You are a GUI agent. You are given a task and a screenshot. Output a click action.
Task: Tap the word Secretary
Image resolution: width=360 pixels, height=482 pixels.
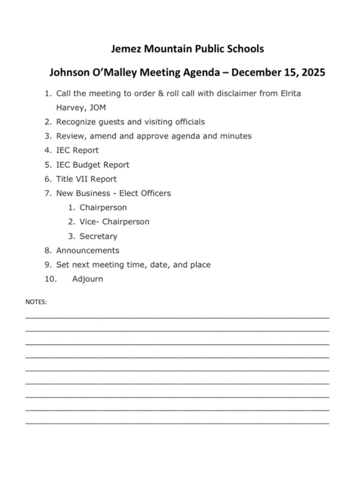click(x=99, y=236)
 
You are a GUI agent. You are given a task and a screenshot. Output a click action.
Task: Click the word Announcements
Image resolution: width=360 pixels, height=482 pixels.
click(x=87, y=250)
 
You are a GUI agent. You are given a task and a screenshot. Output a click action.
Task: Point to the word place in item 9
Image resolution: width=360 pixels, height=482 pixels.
click(x=199, y=264)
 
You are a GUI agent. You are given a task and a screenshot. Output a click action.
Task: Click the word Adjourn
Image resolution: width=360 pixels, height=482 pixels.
click(x=88, y=279)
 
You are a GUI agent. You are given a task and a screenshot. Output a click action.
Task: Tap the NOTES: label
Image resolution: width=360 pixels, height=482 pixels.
click(x=36, y=300)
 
